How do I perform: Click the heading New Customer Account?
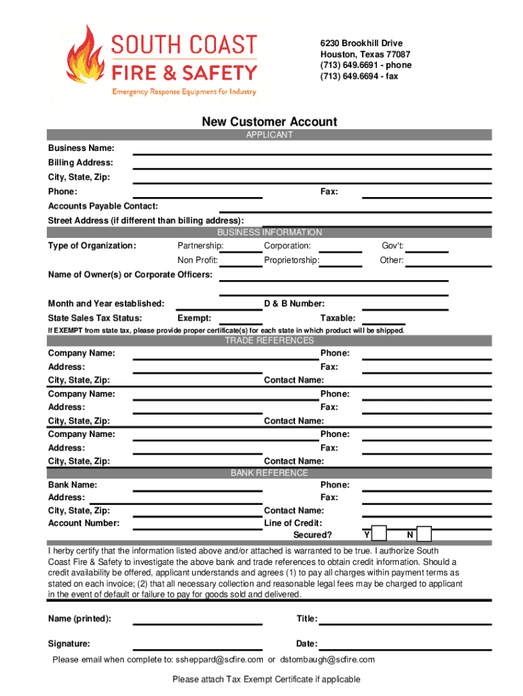269,122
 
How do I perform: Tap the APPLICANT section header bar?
269,135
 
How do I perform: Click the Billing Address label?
80,162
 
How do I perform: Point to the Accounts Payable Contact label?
103,206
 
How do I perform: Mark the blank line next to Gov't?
427,250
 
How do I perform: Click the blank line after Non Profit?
240,265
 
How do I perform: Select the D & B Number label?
293,303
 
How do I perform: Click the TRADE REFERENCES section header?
269,341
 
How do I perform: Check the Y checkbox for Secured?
380,534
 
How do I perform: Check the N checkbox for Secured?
424,534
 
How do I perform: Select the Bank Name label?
72,485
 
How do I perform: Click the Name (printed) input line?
197,622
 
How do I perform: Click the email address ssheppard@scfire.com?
219,660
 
